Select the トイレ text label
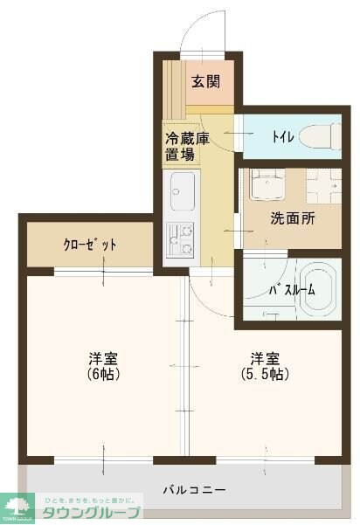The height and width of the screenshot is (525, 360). (x=282, y=137)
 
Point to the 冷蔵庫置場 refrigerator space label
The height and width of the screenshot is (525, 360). (x=181, y=147)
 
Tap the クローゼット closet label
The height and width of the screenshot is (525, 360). (x=89, y=245)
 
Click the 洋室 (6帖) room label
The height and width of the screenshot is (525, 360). (x=103, y=366)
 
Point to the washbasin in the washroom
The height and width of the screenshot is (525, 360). (x=263, y=186)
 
